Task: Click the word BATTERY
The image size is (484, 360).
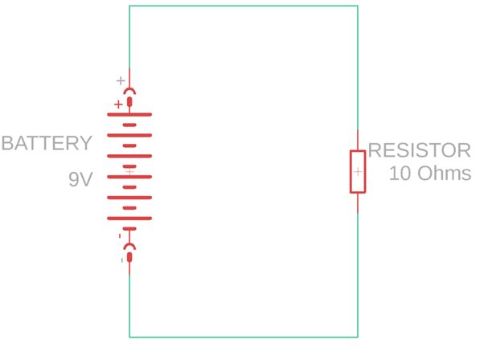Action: pos(46,144)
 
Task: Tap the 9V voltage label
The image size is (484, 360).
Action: pos(81,180)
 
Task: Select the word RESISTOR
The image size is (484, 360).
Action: pos(419,150)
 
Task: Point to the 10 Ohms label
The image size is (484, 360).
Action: pos(429,173)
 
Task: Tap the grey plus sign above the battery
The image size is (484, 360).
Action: pos(121,80)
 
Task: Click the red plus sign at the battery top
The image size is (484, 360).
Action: pos(118,104)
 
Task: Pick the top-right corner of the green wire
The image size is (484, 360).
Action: pos(358,6)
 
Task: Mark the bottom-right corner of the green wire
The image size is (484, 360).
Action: pos(358,337)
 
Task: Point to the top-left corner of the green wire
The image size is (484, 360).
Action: pos(129,6)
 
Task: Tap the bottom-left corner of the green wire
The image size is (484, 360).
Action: pos(129,337)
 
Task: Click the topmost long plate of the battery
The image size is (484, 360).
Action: pos(129,114)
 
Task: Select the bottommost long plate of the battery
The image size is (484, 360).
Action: pos(129,218)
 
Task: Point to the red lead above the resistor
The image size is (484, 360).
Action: pos(358,140)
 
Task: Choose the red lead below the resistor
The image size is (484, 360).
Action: pos(358,202)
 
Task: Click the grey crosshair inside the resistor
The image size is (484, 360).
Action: pos(358,171)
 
